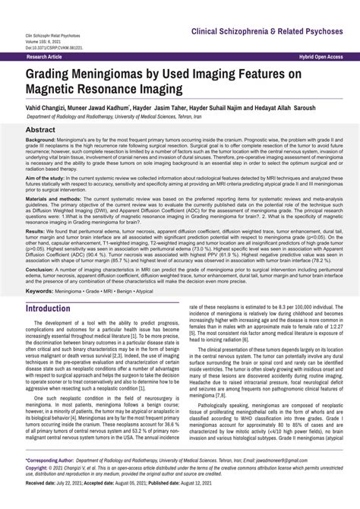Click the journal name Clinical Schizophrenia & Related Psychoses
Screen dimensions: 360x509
(x=267, y=32)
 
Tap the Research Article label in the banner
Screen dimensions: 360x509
(x=45, y=57)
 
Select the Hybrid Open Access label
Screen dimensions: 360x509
(x=321, y=57)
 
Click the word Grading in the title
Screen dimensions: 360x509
(x=55, y=74)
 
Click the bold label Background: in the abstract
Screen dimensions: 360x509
(x=44, y=141)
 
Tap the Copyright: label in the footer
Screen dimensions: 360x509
(x=42, y=469)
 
